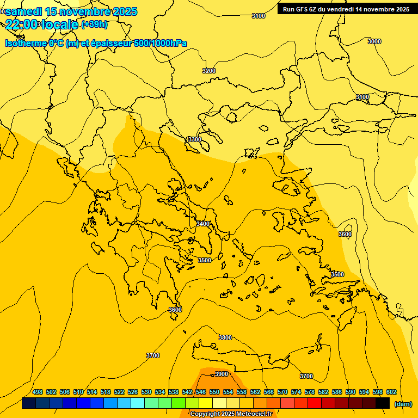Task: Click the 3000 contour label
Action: [x=374, y=41]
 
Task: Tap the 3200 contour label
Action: [x=208, y=71]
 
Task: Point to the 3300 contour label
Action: [x=194, y=140]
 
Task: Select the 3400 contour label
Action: [x=203, y=224]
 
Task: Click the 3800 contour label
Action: [x=225, y=337]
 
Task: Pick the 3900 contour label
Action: [x=222, y=374]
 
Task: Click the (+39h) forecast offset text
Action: [x=94, y=24]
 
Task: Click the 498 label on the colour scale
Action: [x=38, y=392]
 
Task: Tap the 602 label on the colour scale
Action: [x=391, y=392]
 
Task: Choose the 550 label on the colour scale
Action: [x=214, y=392]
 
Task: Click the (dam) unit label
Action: [x=403, y=404]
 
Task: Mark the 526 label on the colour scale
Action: [x=133, y=392]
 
